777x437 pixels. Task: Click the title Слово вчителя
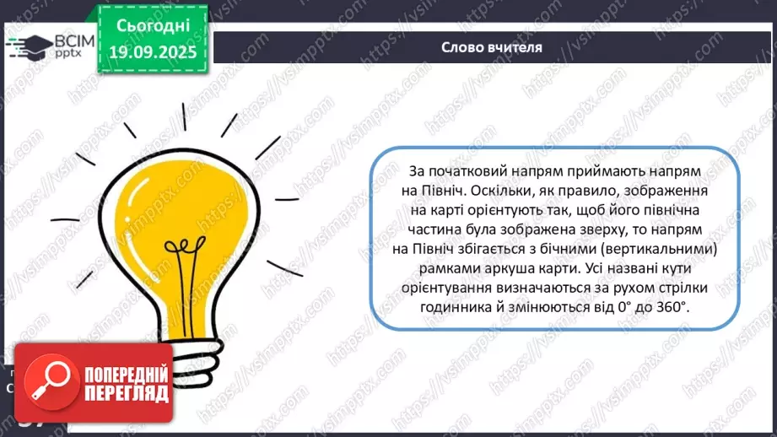pyautogui.click(x=492, y=48)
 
